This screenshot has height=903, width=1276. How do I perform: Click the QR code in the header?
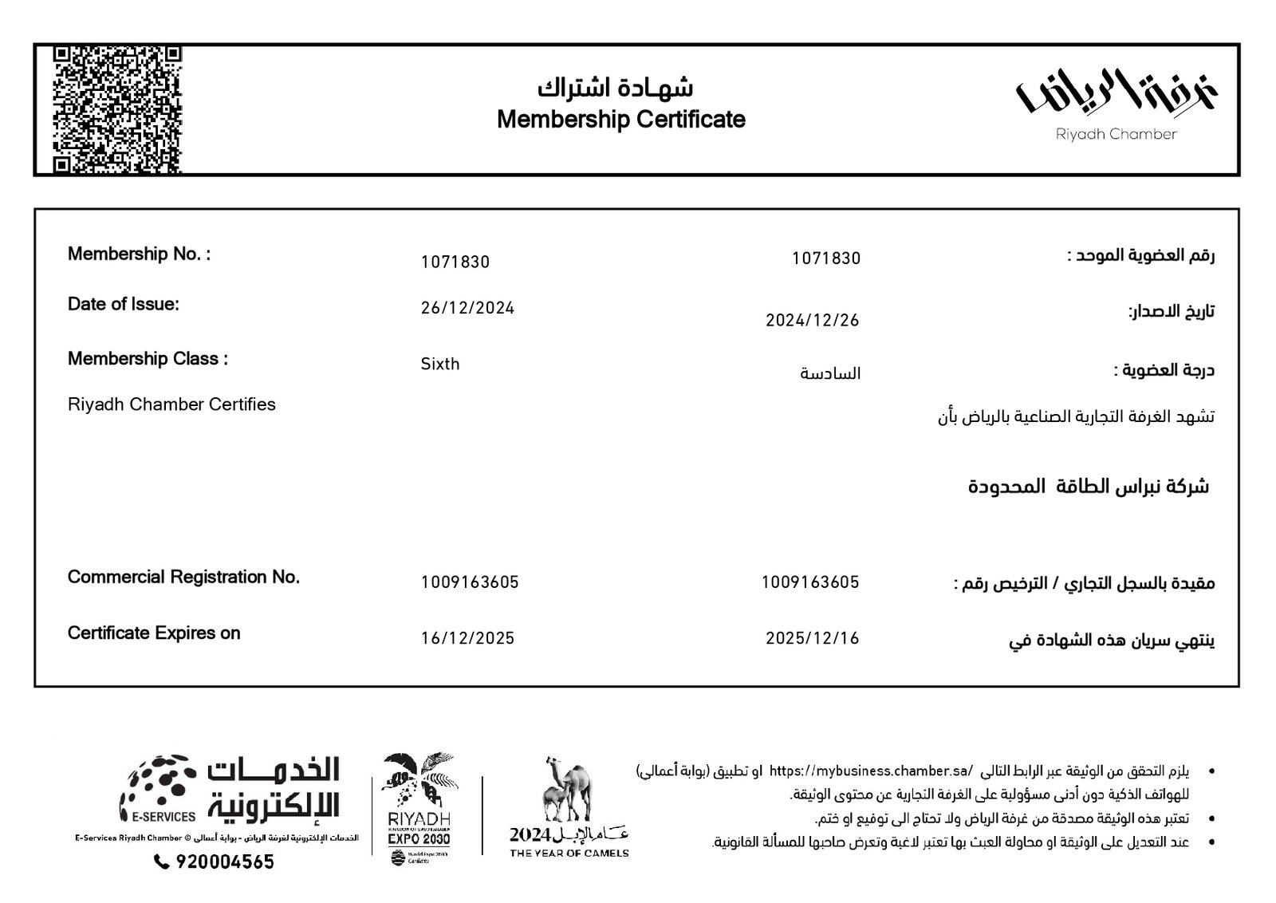click(118, 110)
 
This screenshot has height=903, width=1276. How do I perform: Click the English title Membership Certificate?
click(620, 120)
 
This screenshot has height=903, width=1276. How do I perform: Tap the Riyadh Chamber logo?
click(1116, 104)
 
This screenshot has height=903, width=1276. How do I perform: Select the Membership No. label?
click(139, 254)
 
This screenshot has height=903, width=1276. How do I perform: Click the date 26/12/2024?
click(467, 308)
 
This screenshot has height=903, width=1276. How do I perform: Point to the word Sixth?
click(440, 364)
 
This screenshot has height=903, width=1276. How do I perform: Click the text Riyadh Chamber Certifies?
click(171, 404)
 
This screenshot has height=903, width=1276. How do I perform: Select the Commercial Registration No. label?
click(183, 577)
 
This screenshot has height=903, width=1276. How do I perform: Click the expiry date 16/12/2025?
click(467, 638)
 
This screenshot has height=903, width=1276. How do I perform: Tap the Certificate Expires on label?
click(154, 633)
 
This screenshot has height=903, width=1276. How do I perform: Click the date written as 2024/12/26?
click(812, 321)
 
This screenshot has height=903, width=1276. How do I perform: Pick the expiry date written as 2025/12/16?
click(812, 638)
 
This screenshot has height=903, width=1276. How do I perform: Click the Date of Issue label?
click(124, 304)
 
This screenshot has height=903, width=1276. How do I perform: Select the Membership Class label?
click(148, 359)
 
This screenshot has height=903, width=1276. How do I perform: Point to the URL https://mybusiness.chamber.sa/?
click(872, 771)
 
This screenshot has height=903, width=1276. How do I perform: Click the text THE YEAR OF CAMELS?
click(569, 853)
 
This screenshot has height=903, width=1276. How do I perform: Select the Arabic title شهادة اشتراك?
click(615, 86)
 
